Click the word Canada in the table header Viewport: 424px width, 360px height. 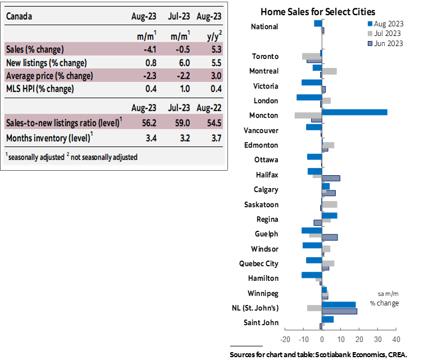19,16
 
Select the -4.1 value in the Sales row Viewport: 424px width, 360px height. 144,49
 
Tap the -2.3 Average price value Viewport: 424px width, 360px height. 144,76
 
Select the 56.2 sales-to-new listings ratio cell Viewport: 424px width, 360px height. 143,122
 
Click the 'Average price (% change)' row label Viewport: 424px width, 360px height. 49,76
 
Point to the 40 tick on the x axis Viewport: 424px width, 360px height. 396,339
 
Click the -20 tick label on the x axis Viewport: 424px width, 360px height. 285,339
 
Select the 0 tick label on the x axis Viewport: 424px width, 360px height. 322,339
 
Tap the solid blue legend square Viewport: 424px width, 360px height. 370,24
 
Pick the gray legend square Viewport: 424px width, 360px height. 370,34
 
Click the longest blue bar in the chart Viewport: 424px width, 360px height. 354,112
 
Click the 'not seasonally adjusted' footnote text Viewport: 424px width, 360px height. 104,157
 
